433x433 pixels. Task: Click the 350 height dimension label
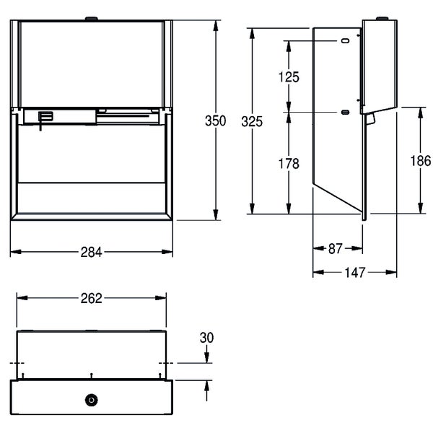[x=215, y=121]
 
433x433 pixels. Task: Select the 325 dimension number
[x=252, y=122]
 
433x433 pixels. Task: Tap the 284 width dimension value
[x=92, y=252]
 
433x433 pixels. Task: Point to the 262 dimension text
[x=92, y=298]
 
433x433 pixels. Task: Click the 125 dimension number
[x=289, y=77]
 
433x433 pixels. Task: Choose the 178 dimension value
[x=289, y=164]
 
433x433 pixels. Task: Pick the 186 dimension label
[x=421, y=161]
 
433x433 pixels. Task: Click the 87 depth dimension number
[x=336, y=249]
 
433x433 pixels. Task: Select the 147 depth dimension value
[x=355, y=273]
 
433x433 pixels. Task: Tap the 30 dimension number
[x=207, y=338]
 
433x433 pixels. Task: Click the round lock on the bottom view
[x=92, y=400]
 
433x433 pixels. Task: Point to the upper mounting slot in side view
[x=346, y=41]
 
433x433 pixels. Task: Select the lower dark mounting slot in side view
[x=346, y=112]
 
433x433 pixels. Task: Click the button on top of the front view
[x=92, y=19]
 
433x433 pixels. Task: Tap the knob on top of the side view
[x=382, y=19]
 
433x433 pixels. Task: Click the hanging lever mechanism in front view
[x=44, y=119]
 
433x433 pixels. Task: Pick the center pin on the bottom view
[x=92, y=376]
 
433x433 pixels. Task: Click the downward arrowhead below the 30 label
[x=207, y=358]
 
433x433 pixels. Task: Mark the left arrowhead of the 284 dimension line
[x=16, y=252]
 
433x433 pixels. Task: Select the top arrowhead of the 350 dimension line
[x=216, y=25]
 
